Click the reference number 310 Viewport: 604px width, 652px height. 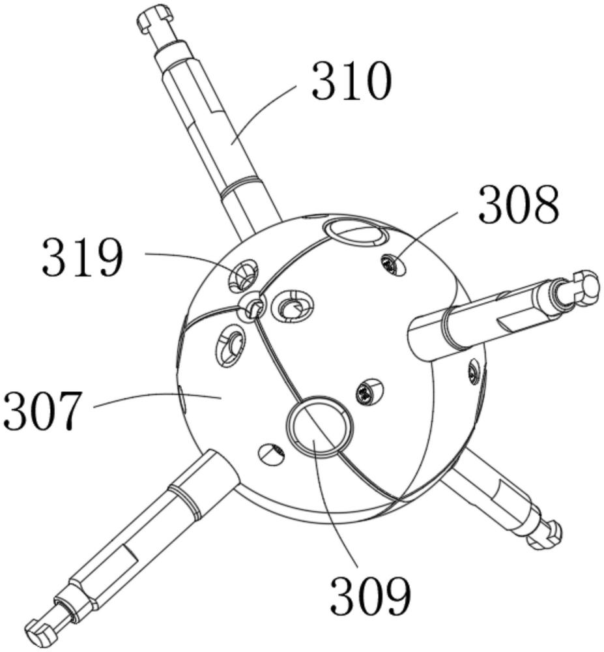352,81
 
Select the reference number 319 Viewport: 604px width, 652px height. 83,258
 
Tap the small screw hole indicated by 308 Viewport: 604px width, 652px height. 392,265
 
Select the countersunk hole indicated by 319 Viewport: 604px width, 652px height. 243,276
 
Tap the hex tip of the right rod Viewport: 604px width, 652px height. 586,287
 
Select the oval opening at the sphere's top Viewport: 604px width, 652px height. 355,235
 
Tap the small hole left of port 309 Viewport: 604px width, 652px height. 272,453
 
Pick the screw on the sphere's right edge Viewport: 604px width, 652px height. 474,370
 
